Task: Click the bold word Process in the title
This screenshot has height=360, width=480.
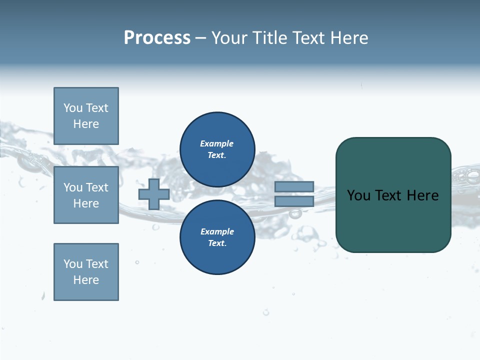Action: pyautogui.click(x=157, y=37)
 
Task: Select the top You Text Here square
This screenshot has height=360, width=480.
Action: pyautogui.click(x=86, y=116)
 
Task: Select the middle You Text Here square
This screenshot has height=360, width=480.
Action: pyautogui.click(x=86, y=195)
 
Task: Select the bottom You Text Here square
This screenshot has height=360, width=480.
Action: pyautogui.click(x=86, y=271)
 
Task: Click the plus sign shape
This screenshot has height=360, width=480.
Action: pyautogui.click(x=154, y=194)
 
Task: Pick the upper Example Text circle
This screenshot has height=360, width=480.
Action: pyautogui.click(x=217, y=149)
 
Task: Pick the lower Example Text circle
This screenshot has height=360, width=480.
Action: pyautogui.click(x=217, y=237)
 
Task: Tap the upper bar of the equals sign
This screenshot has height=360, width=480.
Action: pyautogui.click(x=294, y=187)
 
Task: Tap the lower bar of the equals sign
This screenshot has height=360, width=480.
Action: pyautogui.click(x=294, y=201)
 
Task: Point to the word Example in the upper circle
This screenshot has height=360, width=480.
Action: pyautogui.click(x=216, y=143)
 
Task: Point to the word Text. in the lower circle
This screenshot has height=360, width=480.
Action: pyautogui.click(x=217, y=243)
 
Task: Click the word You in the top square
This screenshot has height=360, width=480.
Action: pyautogui.click(x=73, y=108)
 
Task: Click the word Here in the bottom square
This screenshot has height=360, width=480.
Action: pyautogui.click(x=86, y=280)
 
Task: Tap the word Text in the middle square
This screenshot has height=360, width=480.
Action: pyautogui.click(x=96, y=187)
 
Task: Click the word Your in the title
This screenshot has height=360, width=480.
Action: pyautogui.click(x=230, y=37)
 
